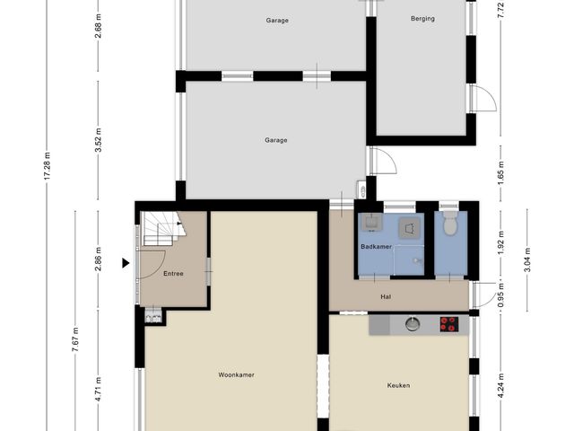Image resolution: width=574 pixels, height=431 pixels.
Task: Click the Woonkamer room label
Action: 236,374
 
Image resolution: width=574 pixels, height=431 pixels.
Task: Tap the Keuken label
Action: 398,385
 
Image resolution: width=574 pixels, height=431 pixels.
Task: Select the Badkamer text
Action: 376,247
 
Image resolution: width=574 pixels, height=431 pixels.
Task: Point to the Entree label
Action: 173,273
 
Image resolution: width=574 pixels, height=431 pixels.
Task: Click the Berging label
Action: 422,18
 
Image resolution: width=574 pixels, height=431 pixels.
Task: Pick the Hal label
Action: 386,297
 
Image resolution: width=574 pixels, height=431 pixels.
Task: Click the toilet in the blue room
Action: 450,224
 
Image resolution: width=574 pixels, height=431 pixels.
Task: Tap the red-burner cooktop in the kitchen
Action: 449,324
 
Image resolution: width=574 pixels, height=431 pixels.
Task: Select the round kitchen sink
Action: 413,324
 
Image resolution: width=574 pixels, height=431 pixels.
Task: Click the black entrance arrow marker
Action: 126,263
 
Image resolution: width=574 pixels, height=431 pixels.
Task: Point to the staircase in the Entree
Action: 163,229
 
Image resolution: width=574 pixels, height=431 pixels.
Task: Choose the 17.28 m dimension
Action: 47,165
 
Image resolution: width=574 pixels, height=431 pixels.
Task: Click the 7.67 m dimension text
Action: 75,339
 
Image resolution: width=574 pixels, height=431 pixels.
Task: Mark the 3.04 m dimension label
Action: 527,259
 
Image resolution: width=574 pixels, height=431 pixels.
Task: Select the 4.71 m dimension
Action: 98,389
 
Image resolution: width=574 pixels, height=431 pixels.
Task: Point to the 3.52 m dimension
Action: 98,140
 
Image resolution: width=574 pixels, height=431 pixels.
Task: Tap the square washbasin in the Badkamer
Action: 372,222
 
